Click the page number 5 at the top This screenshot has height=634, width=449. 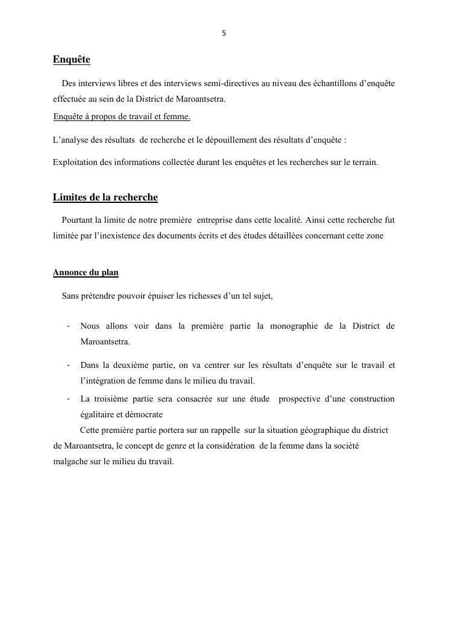224,34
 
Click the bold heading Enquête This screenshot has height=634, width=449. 71,60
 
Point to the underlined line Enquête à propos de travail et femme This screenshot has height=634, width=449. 122,116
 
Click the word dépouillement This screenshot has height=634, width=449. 236,140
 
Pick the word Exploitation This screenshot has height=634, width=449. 74,162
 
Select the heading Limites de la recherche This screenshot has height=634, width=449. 105,197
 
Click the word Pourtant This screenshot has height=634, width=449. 77,220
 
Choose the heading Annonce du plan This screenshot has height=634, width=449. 86,273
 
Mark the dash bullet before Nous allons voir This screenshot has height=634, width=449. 69,326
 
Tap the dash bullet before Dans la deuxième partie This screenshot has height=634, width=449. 69,365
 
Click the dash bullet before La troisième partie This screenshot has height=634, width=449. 69,399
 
